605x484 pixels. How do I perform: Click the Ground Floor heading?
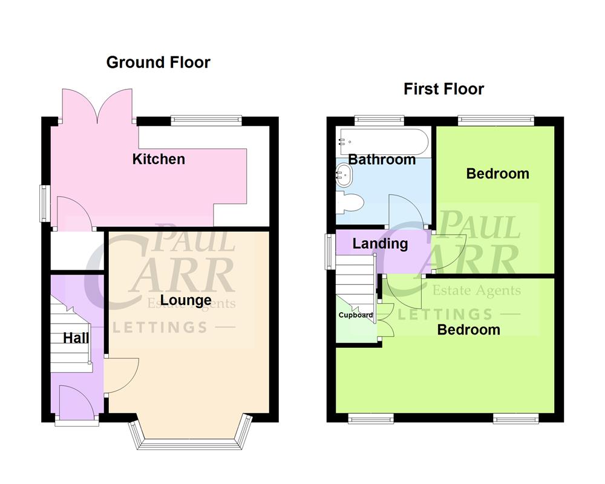pos(158,62)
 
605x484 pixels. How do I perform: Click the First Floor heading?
pos(443,90)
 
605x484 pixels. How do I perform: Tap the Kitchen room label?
pos(159,159)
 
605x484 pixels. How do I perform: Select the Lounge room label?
pos(186,301)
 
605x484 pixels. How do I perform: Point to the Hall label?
pos(76,338)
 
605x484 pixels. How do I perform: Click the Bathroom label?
pos(382,160)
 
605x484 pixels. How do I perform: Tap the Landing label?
pos(380,244)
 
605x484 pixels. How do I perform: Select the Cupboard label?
pos(355,315)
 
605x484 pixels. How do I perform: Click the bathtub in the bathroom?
pos(384,142)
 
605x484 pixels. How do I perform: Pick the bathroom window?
pos(379,120)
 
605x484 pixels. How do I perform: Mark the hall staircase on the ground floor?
pos(70,339)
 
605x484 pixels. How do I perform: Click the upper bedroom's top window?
pos(496,120)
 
